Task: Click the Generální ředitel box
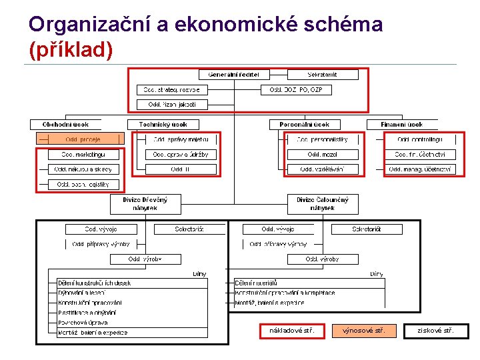point(233,75)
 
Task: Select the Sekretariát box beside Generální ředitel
point(323,75)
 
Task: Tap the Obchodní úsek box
point(65,125)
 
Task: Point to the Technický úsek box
point(163,125)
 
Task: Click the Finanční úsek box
point(402,125)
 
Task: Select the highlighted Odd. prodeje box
point(83,139)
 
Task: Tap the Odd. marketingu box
point(83,155)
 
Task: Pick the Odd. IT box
point(180,169)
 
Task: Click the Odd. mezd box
point(323,155)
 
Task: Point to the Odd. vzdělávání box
point(323,169)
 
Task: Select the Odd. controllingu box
point(420,139)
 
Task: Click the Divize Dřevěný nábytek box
point(145,204)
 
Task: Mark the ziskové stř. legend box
point(435,331)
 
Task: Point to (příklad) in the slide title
point(71,49)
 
